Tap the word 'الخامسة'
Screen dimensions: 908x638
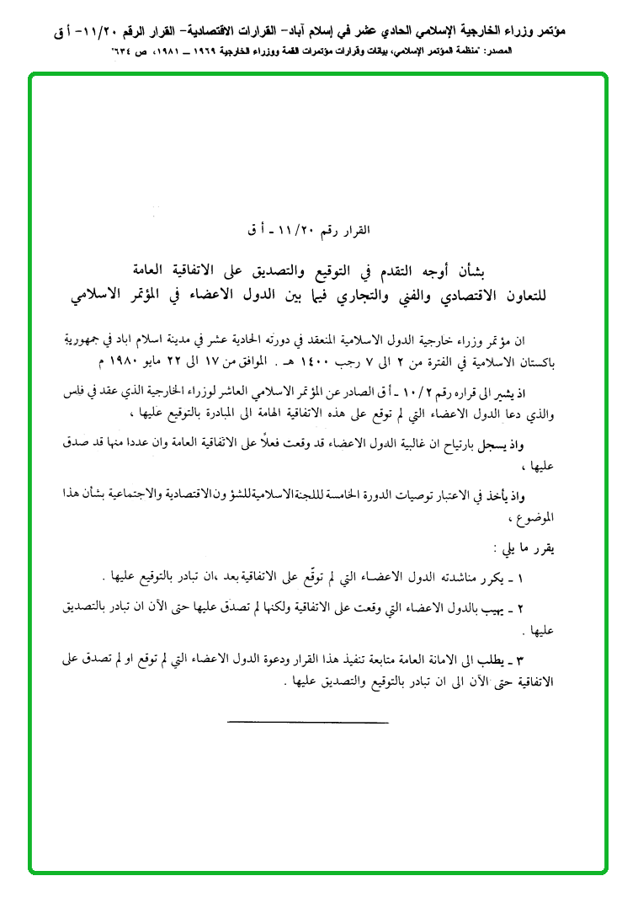point(355,494)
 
